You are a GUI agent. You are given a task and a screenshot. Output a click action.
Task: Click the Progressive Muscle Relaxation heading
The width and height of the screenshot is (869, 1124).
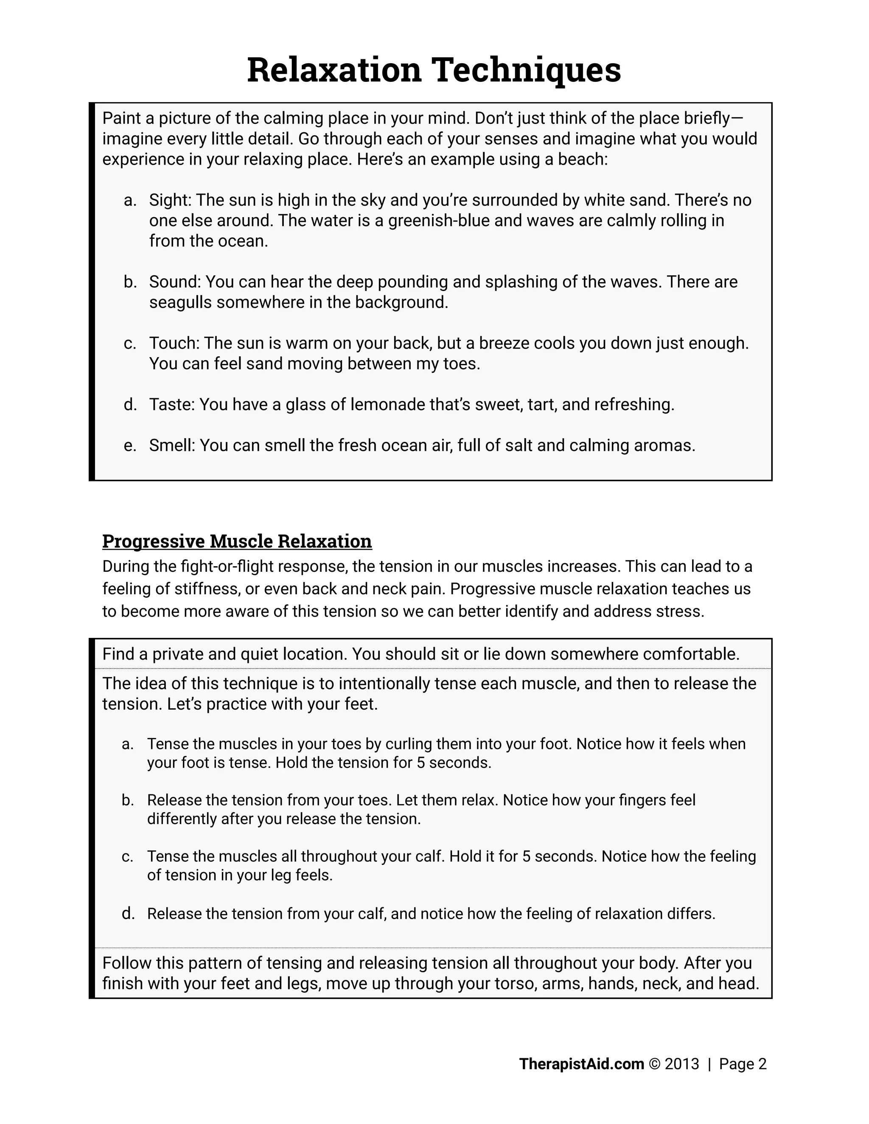(237, 541)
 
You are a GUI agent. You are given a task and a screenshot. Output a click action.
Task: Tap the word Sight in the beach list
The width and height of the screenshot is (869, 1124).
(169, 200)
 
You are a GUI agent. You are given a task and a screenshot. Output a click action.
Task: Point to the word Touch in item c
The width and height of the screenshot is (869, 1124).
(174, 343)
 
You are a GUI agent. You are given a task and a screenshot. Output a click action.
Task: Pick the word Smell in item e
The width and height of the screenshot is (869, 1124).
(171, 445)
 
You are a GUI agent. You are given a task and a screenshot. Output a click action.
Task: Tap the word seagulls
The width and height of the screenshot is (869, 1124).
(180, 302)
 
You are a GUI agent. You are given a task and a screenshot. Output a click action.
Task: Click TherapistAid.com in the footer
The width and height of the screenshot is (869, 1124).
(581, 1064)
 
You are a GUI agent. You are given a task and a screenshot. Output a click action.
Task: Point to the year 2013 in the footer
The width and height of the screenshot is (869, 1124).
(681, 1064)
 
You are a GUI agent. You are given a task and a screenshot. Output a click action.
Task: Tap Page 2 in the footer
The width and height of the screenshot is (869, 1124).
(743, 1064)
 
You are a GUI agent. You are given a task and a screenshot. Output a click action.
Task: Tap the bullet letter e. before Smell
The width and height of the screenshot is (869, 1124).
(130, 445)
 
